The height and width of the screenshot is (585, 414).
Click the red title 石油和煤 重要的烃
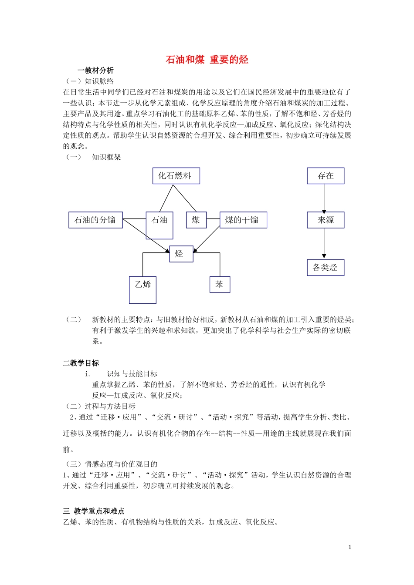pyautogui.click(x=207, y=60)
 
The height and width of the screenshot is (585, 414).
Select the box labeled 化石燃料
pyautogui.click(x=176, y=176)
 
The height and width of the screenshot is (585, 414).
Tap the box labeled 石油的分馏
pyautogui.click(x=95, y=220)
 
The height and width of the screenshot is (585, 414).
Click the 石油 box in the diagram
pyautogui.click(x=159, y=225)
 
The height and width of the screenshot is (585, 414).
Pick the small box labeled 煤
pyautogui.click(x=196, y=220)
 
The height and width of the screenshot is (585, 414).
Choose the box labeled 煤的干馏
pyautogui.click(x=243, y=220)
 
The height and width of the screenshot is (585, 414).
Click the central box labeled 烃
pyautogui.click(x=181, y=254)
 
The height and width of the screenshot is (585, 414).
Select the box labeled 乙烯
pyautogui.click(x=143, y=289)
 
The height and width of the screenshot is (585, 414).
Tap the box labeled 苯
pyautogui.click(x=220, y=285)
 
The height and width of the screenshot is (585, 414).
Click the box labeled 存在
pyautogui.click(x=326, y=176)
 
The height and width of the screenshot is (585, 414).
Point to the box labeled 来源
pyautogui.click(x=326, y=220)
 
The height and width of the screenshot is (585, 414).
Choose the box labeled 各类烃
pyautogui.click(x=326, y=267)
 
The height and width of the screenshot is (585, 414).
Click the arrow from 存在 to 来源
pyautogui.click(x=324, y=198)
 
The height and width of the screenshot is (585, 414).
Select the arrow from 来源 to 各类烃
pyautogui.click(x=324, y=243)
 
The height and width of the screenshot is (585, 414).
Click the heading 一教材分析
pyautogui.click(x=95, y=71)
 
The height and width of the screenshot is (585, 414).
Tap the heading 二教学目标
pyautogui.click(x=81, y=363)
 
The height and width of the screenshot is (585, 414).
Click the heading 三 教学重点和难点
pyautogui.click(x=94, y=511)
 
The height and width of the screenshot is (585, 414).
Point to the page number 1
pyautogui.click(x=350, y=547)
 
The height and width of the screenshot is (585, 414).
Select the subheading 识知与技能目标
pyautogui.click(x=132, y=374)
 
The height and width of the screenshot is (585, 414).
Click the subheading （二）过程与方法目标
pyautogui.click(x=100, y=406)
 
